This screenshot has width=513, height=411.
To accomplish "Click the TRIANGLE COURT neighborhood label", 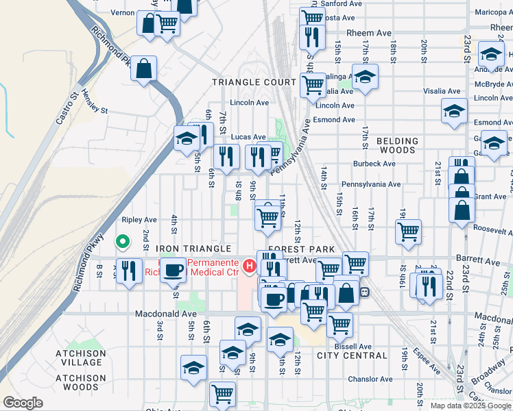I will coord(254,82).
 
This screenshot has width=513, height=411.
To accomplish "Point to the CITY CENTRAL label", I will coord(353,356).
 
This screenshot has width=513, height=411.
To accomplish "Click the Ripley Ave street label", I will coord(139,221).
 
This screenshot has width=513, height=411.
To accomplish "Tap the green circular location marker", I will coord(123,241).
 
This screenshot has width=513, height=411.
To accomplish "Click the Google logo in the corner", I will coord(23,403).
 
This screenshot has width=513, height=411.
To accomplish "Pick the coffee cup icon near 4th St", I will coord(173,269).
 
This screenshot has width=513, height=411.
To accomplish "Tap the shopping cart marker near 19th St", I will coord(408,231).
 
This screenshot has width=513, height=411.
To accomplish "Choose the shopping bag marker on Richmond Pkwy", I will coord(143,68).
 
